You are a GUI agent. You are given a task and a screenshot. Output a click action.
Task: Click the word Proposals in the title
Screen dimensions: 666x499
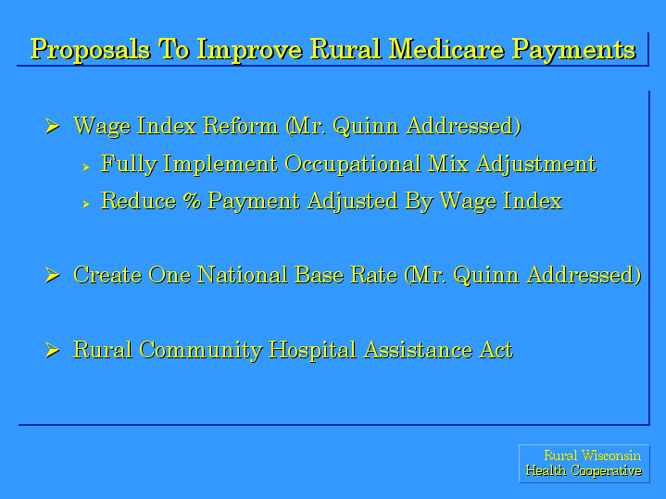point(91,50)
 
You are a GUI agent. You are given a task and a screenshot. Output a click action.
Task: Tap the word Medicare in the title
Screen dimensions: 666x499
point(446,49)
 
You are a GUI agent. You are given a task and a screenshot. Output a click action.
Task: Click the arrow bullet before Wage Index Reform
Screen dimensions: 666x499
point(52,126)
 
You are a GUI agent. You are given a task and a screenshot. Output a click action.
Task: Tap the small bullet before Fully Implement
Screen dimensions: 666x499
point(86,168)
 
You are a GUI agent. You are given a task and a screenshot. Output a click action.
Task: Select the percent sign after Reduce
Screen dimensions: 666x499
point(192,201)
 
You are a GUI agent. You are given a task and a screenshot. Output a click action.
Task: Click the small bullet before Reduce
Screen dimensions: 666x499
point(86,205)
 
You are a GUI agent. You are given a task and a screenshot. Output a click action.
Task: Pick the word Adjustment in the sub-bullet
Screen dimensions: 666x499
point(536,165)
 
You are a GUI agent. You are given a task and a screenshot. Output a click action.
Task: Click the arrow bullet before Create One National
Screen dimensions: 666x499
point(52,275)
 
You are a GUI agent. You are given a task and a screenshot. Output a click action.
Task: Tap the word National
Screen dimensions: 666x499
point(243,275)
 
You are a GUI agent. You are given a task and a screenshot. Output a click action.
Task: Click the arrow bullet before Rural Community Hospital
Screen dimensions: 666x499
point(52,350)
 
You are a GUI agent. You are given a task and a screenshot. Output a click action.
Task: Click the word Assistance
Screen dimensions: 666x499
point(418,350)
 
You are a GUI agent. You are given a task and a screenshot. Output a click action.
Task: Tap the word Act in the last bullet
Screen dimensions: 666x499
point(496,350)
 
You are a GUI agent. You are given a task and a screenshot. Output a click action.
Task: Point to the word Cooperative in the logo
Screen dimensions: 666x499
point(606,470)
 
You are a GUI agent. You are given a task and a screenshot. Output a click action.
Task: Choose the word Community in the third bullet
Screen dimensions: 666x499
point(200,351)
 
